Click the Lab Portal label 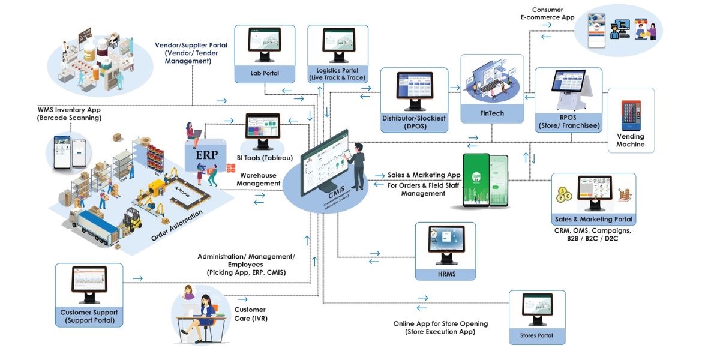(x=265, y=74)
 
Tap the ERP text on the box (x=206, y=154)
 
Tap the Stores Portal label (x=537, y=335)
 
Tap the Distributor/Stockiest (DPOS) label (x=413, y=122)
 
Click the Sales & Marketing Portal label (x=593, y=220)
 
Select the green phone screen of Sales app (x=478, y=180)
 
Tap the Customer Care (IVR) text (x=250, y=314)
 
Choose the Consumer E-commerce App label (x=547, y=13)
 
